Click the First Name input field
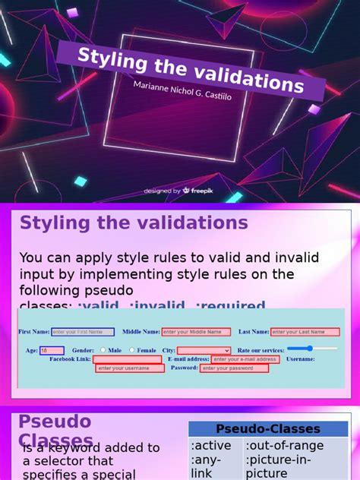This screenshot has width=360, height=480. pyautogui.click(x=82, y=332)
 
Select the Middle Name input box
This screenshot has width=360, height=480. pyautogui.click(x=196, y=332)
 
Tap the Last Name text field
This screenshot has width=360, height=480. pyautogui.click(x=305, y=332)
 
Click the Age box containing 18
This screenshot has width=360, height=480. pyautogui.click(x=52, y=350)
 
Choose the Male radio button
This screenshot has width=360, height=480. pyautogui.click(x=103, y=350)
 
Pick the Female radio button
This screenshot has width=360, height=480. pyautogui.click(x=132, y=350)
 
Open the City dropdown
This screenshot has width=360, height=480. pyautogui.click(x=204, y=350)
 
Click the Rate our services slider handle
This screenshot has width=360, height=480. pyautogui.click(x=311, y=349)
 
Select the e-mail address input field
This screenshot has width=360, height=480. pyautogui.click(x=245, y=359)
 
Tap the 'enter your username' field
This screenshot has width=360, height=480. pyautogui.click(x=129, y=368)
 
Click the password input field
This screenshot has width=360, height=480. pyautogui.click(x=234, y=368)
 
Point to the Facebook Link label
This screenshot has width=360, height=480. pyautogui.click(x=70, y=359)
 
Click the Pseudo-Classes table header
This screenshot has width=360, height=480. pyautogui.click(x=268, y=429)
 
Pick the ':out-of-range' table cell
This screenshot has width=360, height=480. pyautogui.click(x=285, y=446)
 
